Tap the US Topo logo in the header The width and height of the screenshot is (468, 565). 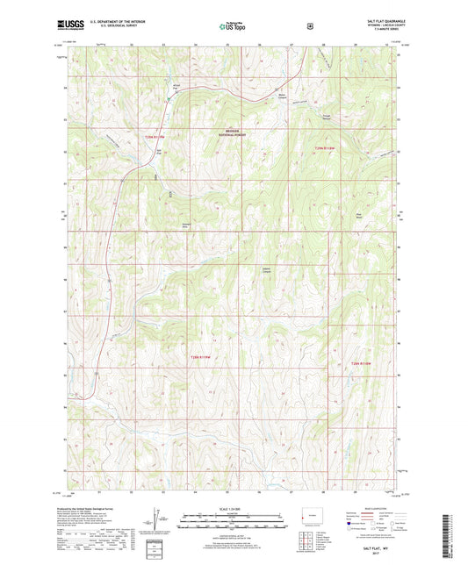pos(232,27)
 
